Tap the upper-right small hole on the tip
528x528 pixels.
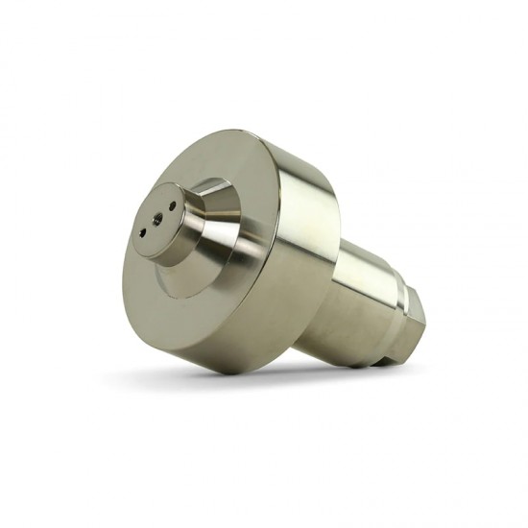[170, 204]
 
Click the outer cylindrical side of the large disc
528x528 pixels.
[307, 259]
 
